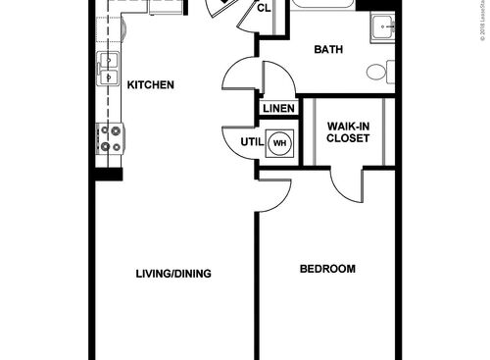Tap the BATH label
[326, 50]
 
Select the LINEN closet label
[276, 108]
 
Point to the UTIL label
[251, 142]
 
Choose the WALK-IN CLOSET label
[347, 132]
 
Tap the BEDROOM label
[326, 269]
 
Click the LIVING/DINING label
[173, 274]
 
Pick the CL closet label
[264, 9]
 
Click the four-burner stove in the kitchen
[110, 138]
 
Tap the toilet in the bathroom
[380, 72]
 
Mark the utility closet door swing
[237, 143]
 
